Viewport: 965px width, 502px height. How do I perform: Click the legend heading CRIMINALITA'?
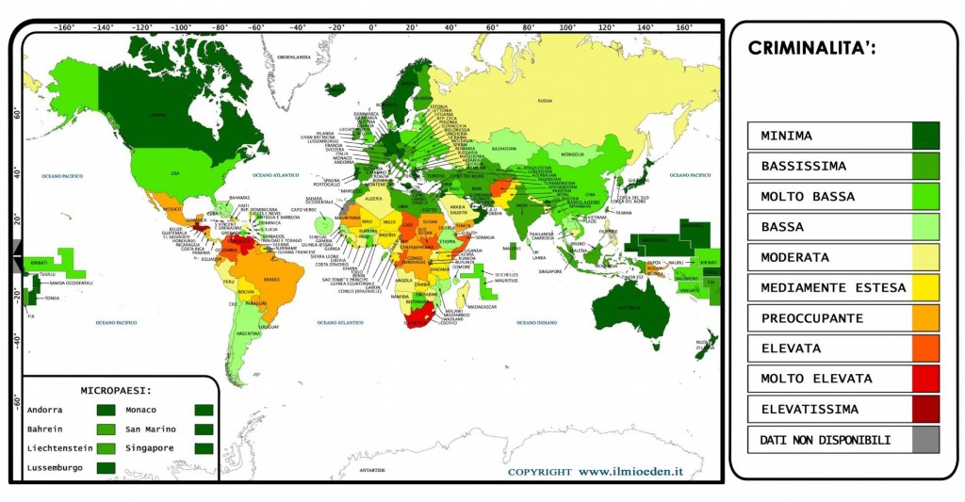coord(811,48)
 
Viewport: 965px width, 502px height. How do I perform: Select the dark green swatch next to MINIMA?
coord(926,136)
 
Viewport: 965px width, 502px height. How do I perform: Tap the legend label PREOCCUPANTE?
coord(811,317)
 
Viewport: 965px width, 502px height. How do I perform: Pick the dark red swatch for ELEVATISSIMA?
coord(926,409)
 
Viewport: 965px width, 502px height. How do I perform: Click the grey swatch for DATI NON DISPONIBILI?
coord(926,439)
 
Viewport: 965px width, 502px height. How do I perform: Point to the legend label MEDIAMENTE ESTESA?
coord(833,287)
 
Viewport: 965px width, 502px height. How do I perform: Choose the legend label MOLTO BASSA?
coord(808,196)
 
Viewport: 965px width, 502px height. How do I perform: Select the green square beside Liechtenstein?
coord(105,448)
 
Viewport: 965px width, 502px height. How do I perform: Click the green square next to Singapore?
coord(203,448)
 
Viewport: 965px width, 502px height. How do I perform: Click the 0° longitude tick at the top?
coord(373,27)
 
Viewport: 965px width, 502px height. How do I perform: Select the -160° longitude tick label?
coord(64,27)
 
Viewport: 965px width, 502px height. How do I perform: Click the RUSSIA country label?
coord(544,100)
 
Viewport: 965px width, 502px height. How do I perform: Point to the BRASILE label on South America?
coord(273,280)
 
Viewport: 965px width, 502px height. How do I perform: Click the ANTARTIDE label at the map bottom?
coord(372,469)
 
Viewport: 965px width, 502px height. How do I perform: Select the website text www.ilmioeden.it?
coord(630,471)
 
